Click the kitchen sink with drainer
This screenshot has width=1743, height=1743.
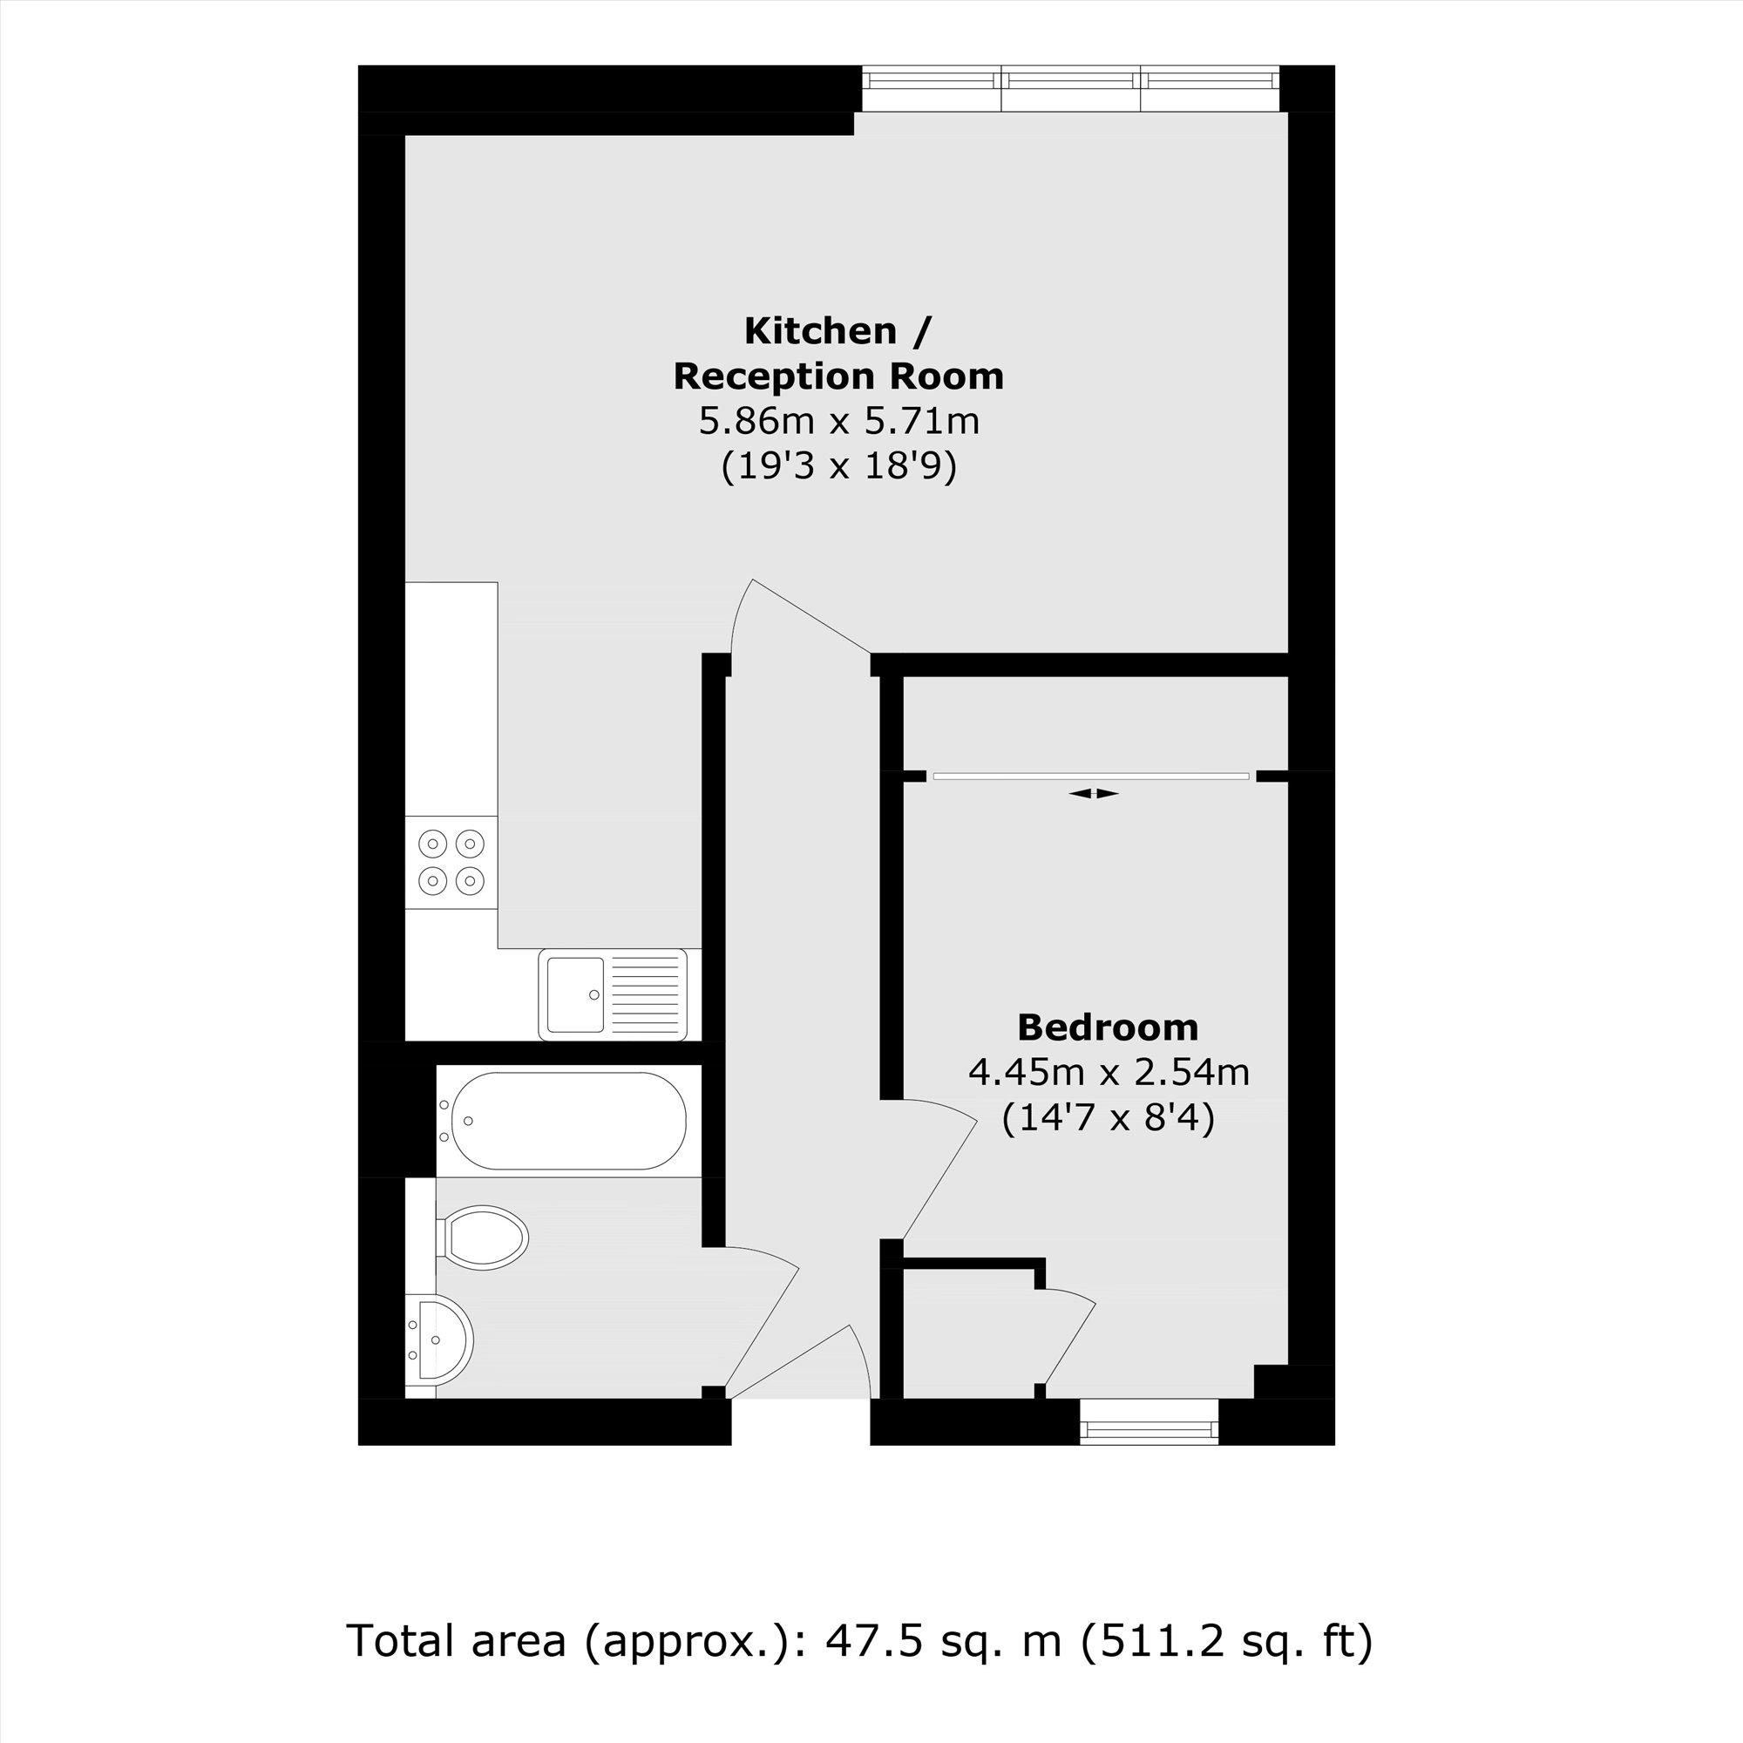pyautogui.click(x=613, y=994)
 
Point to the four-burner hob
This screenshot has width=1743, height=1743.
pyautogui.click(x=451, y=862)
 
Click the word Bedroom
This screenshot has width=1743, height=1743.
pyautogui.click(x=1108, y=1027)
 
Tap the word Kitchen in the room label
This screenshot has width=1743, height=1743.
pyautogui.click(x=820, y=331)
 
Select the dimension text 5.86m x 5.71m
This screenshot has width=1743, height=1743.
pyautogui.click(x=839, y=421)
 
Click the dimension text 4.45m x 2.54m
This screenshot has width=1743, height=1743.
pyautogui.click(x=1109, y=1073)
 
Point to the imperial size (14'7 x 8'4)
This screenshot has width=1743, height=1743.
pyautogui.click(x=1109, y=1118)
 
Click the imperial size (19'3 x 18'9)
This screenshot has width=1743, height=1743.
pyautogui.click(x=839, y=466)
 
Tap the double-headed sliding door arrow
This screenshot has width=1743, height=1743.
pyautogui.click(x=1094, y=794)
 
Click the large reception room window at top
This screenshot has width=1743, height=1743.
pyautogui.click(x=1071, y=80)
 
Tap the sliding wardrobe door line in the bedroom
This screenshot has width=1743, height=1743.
pyautogui.click(x=1092, y=775)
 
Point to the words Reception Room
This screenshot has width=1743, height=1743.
pyautogui.click(x=839, y=376)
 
